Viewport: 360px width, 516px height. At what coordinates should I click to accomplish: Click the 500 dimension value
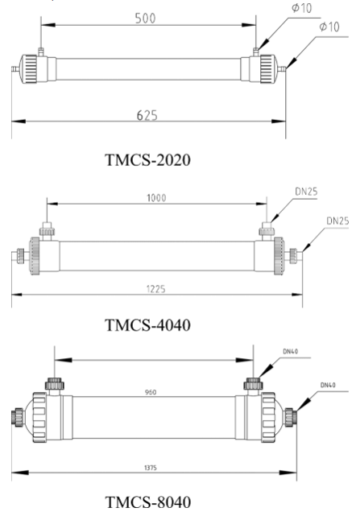tap(147, 17)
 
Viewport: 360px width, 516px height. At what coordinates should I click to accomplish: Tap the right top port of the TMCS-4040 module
tap(263, 232)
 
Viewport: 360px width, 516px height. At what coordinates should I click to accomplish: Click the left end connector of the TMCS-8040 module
tap(18, 417)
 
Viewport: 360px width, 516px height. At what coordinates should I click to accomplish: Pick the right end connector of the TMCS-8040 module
tap(288, 417)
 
